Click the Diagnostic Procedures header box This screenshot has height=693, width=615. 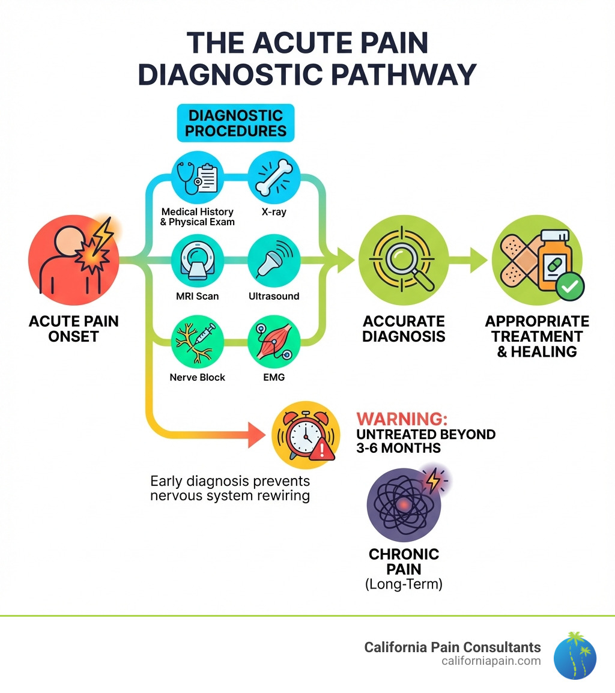pos(236,123)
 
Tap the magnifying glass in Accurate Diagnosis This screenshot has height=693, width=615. pos(403,259)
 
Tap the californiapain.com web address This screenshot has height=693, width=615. pos(491,661)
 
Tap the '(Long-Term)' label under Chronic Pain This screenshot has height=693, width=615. pos(404,584)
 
